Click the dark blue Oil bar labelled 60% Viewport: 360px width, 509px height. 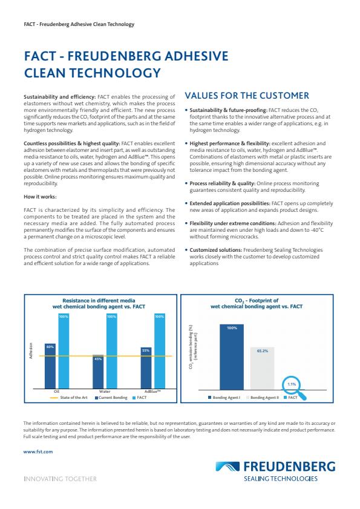tap(51, 366)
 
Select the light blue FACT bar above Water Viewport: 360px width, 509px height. tap(112, 351)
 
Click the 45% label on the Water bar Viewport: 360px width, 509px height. tap(99, 359)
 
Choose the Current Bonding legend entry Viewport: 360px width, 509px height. tap(111, 398)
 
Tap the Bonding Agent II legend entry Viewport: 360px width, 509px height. tap(263, 398)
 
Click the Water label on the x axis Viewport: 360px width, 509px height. tap(104, 392)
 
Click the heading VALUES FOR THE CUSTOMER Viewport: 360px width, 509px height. tap(246, 96)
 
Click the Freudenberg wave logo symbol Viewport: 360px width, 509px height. tap(227, 467)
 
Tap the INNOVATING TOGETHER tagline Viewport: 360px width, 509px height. tap(59, 479)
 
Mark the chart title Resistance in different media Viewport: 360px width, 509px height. tap(101, 300)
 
